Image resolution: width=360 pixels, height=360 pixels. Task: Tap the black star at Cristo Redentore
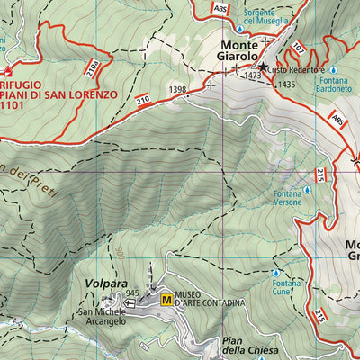(263, 67)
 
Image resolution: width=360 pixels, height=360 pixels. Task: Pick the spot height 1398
(177, 89)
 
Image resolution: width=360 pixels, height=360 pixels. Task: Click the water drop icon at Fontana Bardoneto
(332, 69)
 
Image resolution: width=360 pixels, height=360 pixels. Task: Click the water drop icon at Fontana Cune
(275, 272)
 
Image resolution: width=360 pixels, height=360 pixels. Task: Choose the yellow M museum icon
(166, 300)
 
